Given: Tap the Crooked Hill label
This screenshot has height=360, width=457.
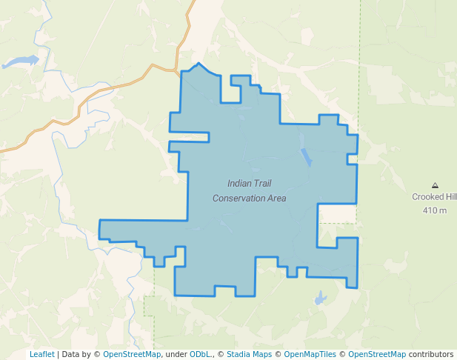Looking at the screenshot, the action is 434,197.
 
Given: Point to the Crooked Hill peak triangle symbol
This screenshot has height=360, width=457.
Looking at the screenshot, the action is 435,185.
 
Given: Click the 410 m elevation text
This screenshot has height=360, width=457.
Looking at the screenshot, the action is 435,210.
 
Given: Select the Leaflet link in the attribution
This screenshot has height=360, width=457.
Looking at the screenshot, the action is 41,355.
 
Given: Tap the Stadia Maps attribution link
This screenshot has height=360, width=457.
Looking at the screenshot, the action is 249,355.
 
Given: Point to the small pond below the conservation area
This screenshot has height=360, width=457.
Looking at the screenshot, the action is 320,299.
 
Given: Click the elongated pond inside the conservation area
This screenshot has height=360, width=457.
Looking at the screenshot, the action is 306,156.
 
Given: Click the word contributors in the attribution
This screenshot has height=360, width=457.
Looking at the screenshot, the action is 431,355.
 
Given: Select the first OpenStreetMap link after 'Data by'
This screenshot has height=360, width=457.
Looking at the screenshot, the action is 132,355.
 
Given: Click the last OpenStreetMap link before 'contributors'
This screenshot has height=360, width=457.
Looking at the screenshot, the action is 377,355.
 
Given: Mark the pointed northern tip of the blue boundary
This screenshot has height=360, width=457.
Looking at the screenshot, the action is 199,64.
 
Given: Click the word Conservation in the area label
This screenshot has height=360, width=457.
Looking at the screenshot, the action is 249,198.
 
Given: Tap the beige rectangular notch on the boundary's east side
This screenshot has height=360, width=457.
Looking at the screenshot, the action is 337,213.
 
